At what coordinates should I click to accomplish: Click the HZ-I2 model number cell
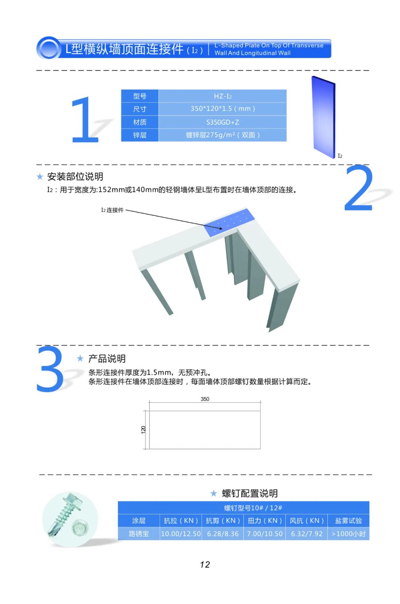pos(223,96)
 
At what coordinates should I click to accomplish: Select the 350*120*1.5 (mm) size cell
pos(223,109)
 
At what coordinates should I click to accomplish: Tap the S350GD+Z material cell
pos(223,122)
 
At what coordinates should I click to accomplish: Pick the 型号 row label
pos(140,96)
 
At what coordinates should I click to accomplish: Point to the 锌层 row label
pos(140,135)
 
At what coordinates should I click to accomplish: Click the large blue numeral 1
pos(85,120)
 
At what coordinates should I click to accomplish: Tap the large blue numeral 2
pos(359,188)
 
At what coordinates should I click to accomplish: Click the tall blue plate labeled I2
pos(323,117)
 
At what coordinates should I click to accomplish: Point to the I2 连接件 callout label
pos(112,210)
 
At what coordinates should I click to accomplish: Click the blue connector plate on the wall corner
pos(229,223)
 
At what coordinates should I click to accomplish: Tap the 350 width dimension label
pos(205,399)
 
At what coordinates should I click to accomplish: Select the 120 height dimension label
pos(143,430)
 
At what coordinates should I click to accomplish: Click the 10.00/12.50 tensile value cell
pos(181,534)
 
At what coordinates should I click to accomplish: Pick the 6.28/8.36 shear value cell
pos(223,534)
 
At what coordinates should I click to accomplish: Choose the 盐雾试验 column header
pos(349,521)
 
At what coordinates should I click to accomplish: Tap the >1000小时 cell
pos(349,534)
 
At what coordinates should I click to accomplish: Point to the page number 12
pos(205,564)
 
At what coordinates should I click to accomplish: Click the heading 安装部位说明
pos(75,177)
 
